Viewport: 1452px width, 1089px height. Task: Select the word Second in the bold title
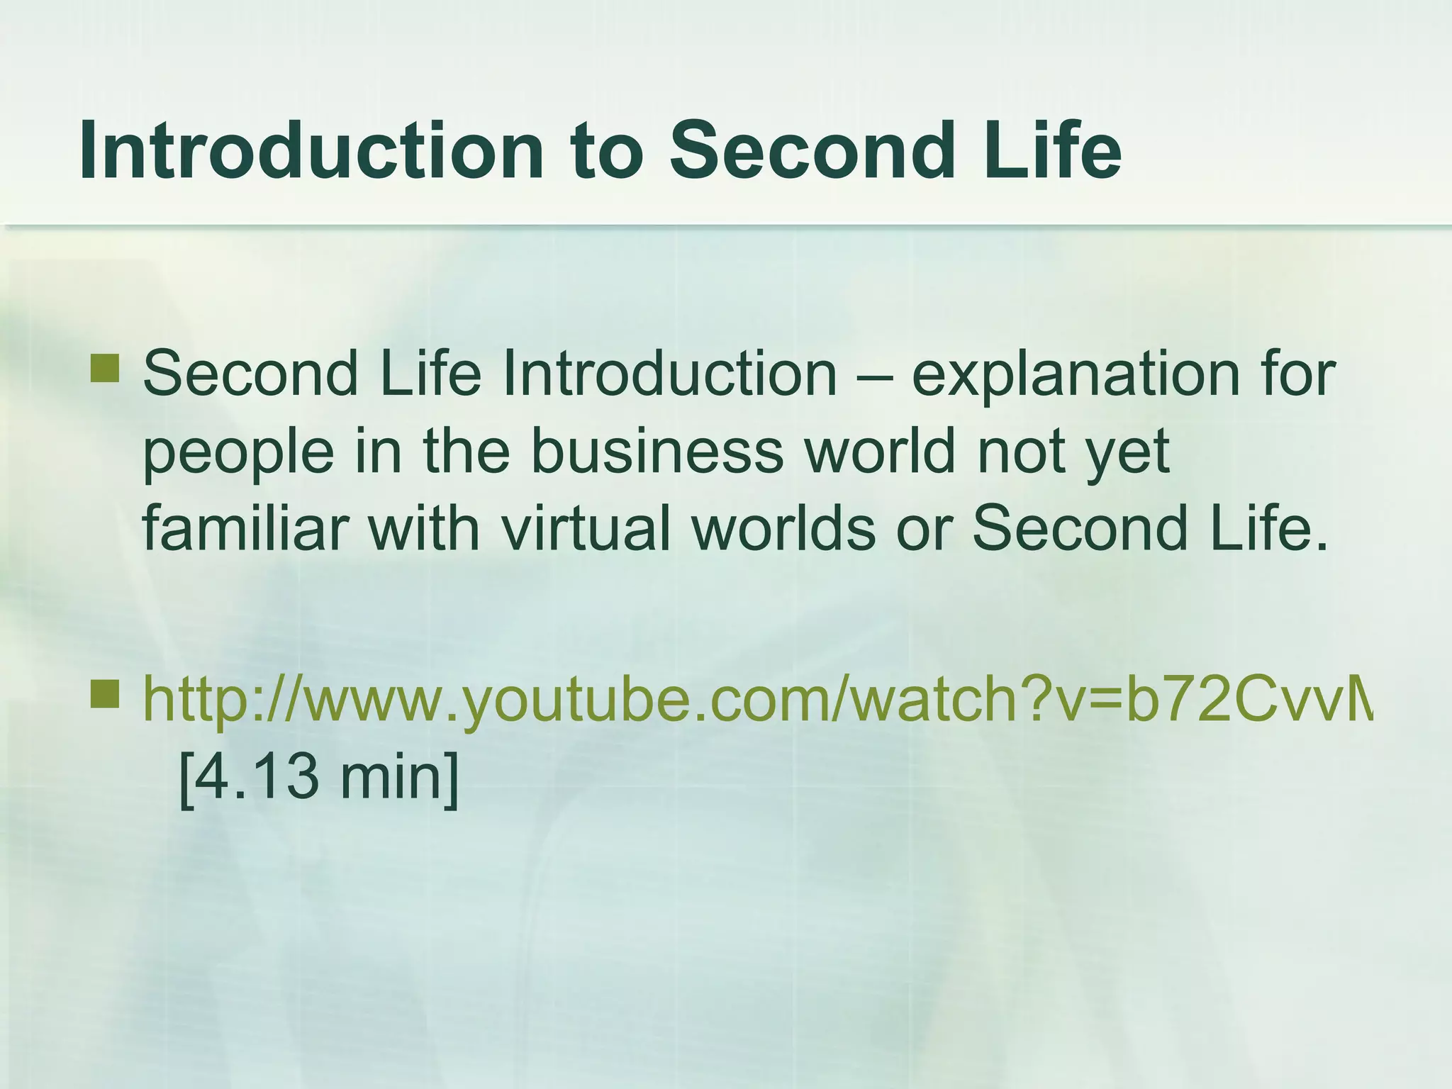point(808,150)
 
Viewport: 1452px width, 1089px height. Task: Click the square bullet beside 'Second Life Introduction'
point(105,369)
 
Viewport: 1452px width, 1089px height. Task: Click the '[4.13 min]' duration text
point(320,776)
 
